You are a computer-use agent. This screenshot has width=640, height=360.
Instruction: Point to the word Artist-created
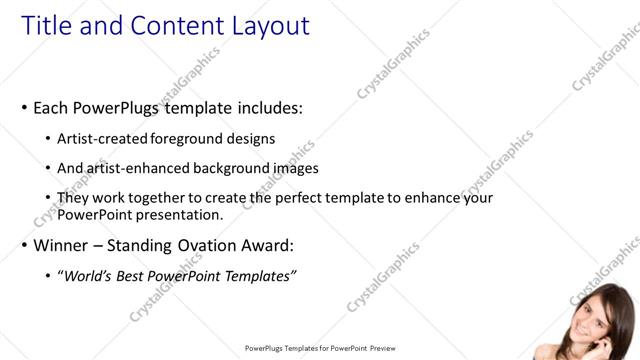[107, 138]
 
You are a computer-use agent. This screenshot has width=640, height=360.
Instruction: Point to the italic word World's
[89, 276]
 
